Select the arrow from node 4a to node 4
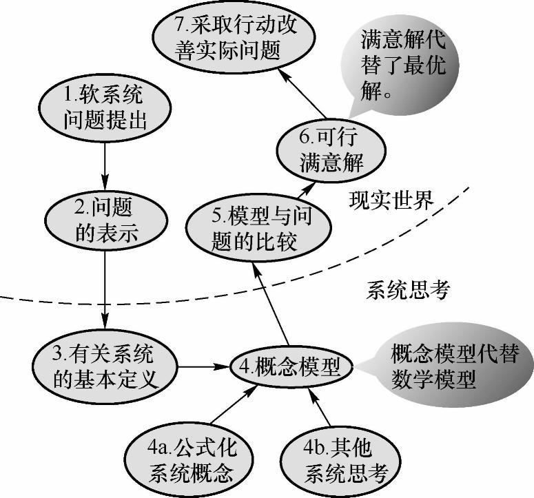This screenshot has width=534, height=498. pos(227,411)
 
